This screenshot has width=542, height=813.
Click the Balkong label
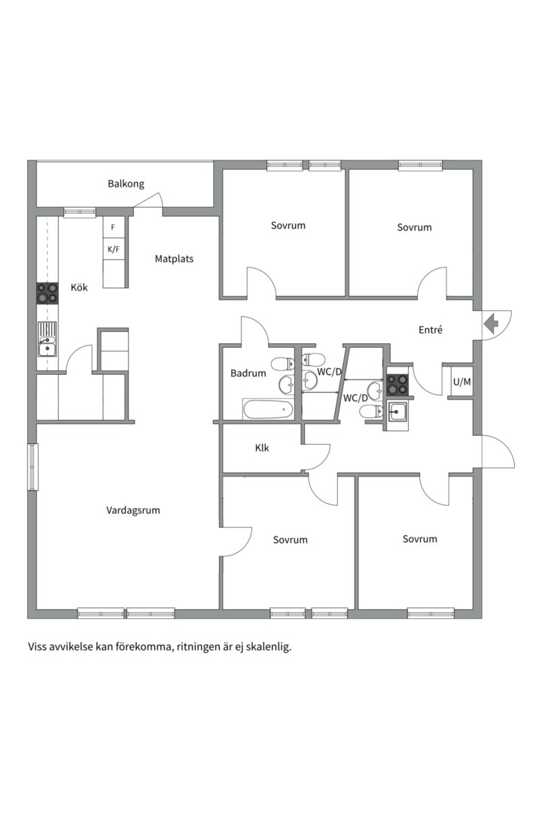coord(126,184)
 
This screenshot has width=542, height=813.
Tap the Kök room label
coord(79,288)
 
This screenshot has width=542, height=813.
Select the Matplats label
coord(174,259)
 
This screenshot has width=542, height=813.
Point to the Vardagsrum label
coord(133,510)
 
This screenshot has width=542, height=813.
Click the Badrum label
coord(248,373)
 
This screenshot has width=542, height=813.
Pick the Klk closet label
coord(262,448)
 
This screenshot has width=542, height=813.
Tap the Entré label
coord(430,330)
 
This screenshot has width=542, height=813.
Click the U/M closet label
coord(461,382)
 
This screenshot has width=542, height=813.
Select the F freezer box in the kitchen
coord(114,227)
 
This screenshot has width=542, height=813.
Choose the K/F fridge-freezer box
coord(114,248)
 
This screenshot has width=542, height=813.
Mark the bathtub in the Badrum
coord(268,410)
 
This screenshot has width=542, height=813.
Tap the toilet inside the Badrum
coord(282,365)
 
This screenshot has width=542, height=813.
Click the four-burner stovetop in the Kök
coord(47,294)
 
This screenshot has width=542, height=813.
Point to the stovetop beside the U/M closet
coord(397,384)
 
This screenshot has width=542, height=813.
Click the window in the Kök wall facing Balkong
coord(79,212)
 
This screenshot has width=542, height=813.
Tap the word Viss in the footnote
coord(38,647)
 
